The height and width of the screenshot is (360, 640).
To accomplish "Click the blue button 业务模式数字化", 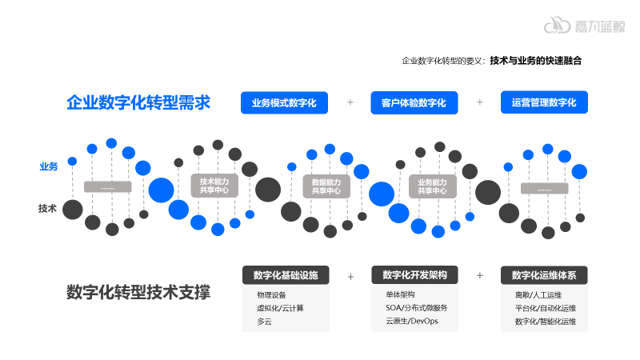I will pos(285,102).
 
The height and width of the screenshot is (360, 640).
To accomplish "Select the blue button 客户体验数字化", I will pos(414,102).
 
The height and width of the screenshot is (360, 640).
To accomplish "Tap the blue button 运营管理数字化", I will pos(544,102).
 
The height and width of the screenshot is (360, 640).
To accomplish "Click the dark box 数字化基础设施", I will pos(286,275).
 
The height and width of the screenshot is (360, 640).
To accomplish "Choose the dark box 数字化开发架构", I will pos(414,275).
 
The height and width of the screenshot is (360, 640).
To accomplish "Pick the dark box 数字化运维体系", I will pos(544,275).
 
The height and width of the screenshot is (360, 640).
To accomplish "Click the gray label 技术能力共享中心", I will pos(214,186).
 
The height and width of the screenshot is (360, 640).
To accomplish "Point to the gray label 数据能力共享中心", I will pos(326,186).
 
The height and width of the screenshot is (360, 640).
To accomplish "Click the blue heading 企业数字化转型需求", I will pos(138,102).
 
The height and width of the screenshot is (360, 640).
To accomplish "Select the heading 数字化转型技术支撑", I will pos(138,293).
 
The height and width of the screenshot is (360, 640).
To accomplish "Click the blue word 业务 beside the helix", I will pos(48,166).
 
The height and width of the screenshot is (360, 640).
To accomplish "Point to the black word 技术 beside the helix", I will pos(48,209).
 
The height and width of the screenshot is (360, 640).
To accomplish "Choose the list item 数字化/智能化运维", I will pos(546,321).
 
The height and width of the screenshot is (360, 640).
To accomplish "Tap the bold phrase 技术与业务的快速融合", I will pos(535,60).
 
